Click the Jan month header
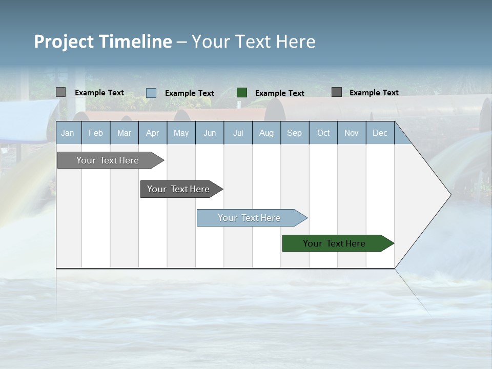68,133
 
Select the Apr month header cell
153,133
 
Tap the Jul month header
238,133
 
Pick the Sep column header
295,133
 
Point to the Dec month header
380,133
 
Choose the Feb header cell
96,133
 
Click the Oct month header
323,133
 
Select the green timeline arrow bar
334,243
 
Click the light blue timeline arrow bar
249,218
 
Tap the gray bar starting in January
108,160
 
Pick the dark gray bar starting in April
178,189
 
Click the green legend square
242,93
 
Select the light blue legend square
151,93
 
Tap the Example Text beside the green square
280,93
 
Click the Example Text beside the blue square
190,93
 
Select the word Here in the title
295,42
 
